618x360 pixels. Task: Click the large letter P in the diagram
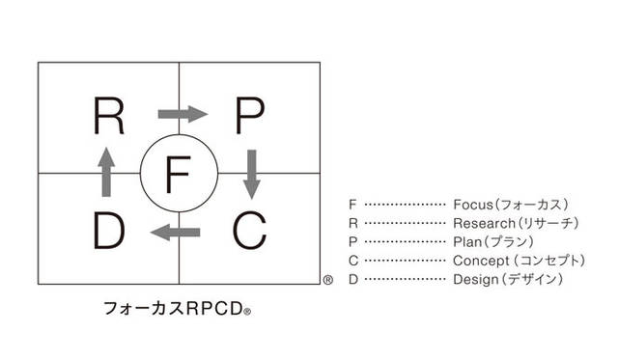coord(249,117)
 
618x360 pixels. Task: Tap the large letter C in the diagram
coord(249,231)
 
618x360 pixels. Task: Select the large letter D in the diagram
coord(108,231)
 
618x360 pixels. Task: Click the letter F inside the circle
coord(179,174)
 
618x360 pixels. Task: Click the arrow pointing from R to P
coord(182,115)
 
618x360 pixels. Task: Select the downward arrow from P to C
coord(252,173)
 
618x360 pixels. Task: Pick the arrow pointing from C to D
coord(177,232)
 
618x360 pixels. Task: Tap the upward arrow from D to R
coord(106,173)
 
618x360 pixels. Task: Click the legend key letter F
coord(352,205)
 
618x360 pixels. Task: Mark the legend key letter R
coord(352,224)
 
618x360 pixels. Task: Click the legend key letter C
coord(352,261)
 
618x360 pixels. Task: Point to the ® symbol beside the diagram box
coord(328,281)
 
